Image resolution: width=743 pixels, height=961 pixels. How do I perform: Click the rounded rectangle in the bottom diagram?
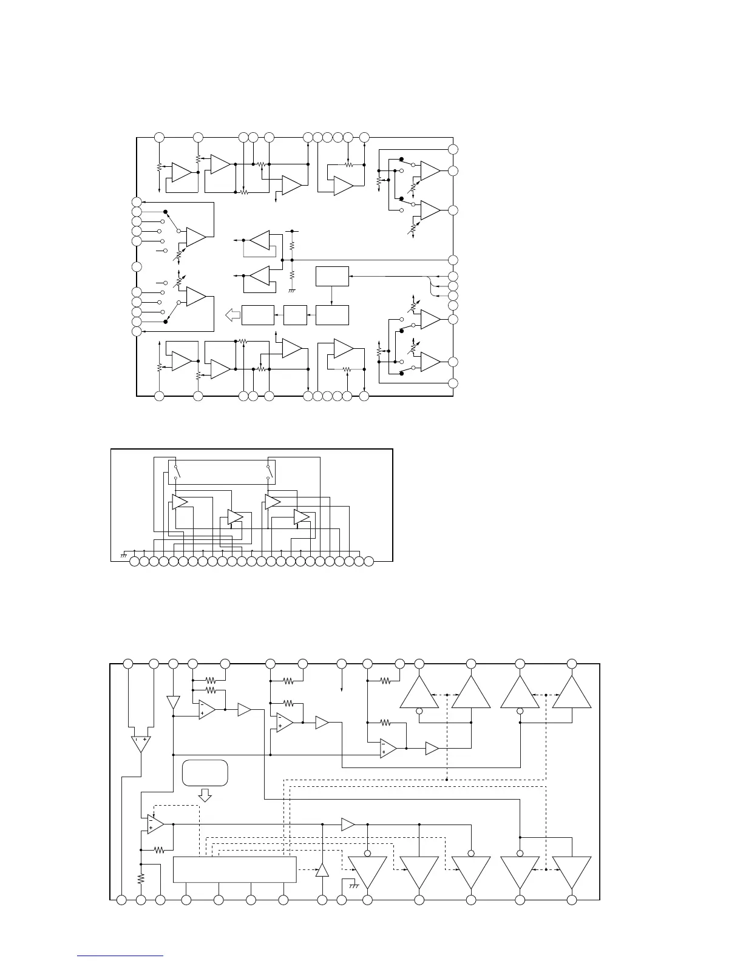coord(205,772)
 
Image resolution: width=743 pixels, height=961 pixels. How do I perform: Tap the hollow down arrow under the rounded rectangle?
coord(205,795)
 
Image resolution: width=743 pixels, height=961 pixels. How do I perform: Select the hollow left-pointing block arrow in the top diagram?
coord(232,315)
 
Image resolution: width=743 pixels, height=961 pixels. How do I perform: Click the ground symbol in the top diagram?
coord(292,290)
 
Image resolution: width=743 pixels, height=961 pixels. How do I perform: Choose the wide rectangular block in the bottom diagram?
coord(235,869)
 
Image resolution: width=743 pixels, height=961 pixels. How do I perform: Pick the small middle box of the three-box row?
coord(295,315)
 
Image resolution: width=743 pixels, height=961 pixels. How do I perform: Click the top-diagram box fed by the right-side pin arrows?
coord(333,276)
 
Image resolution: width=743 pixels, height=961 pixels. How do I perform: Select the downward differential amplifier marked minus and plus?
coord(140,744)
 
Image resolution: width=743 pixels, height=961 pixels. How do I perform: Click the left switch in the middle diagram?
coord(177,471)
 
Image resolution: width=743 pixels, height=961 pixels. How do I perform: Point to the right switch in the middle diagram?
coord(268,471)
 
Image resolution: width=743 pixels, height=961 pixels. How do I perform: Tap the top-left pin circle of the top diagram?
coord(159,137)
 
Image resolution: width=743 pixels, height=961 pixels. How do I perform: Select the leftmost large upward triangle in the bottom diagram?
coord(419,692)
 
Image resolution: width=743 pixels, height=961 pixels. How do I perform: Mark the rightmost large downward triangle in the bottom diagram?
coord(572,872)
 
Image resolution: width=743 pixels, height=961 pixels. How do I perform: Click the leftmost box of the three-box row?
coord(258,315)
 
